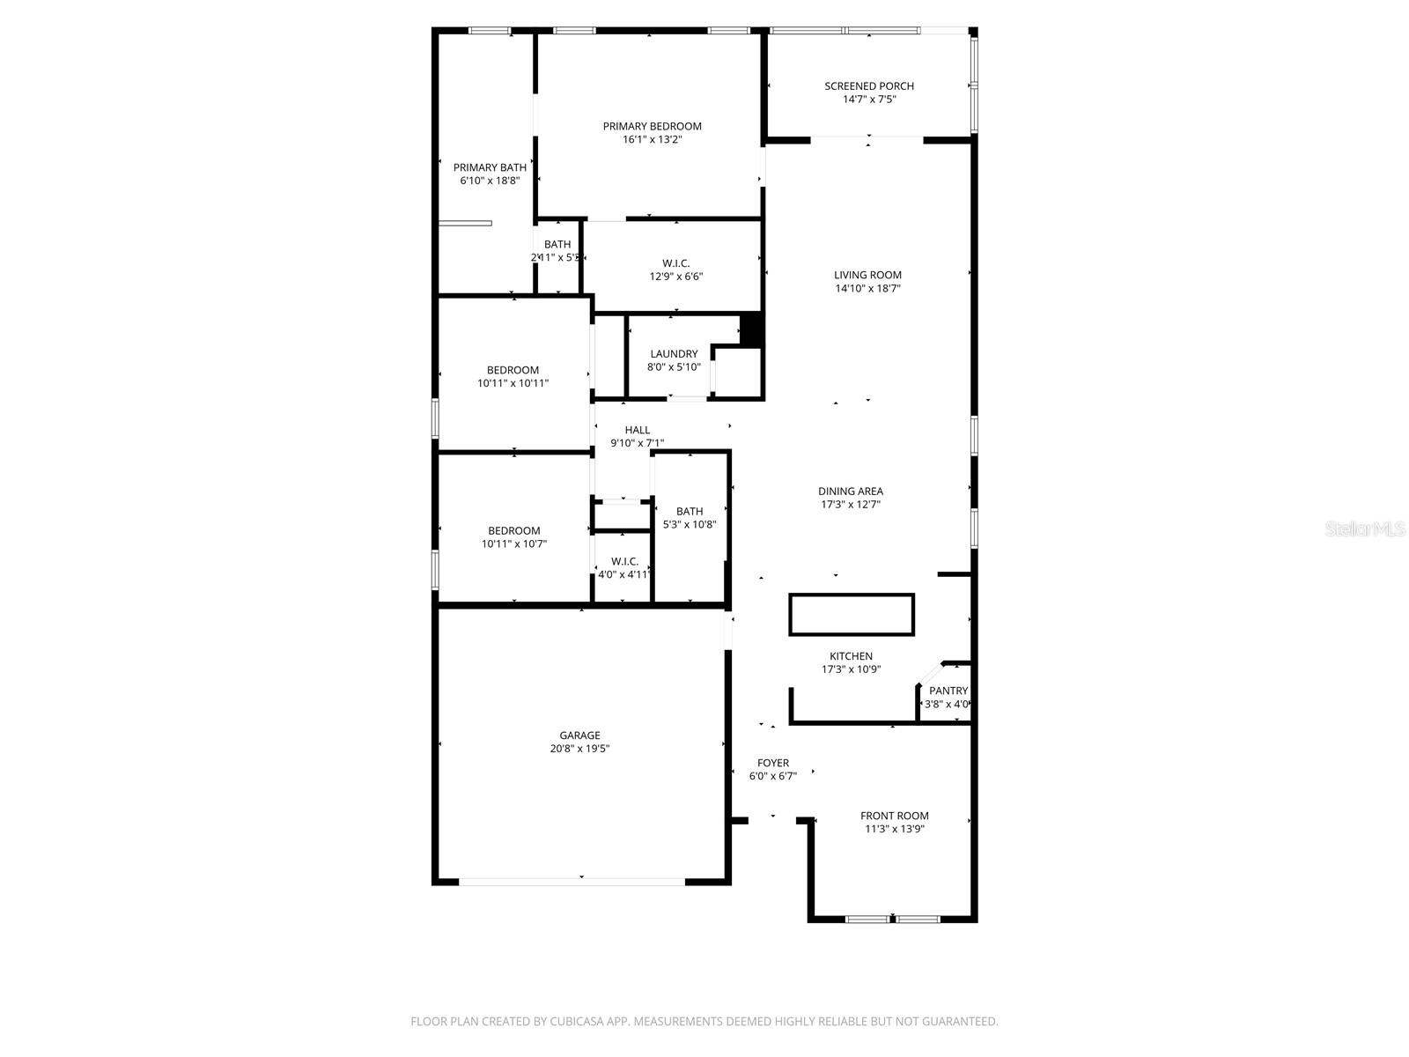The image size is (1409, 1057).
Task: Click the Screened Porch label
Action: pyautogui.click(x=868, y=85)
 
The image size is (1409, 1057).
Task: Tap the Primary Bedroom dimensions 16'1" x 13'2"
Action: pyautogui.click(x=652, y=139)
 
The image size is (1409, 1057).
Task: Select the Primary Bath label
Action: pyautogui.click(x=490, y=167)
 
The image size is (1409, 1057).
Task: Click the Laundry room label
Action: pyautogui.click(x=674, y=354)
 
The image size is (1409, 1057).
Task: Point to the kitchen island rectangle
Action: pyautogui.click(x=852, y=614)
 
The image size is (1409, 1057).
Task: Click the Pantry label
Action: pyautogui.click(x=948, y=691)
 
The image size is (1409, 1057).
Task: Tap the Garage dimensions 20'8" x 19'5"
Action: pyautogui.click(x=579, y=749)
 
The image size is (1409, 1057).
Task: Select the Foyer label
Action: pyautogui.click(x=773, y=763)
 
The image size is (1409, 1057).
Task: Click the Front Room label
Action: pyautogui.click(x=894, y=816)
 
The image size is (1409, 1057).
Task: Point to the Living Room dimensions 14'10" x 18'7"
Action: pyautogui.click(x=867, y=288)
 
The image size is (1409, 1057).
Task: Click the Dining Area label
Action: pyautogui.click(x=850, y=492)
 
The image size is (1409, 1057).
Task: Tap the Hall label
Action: pyautogui.click(x=637, y=430)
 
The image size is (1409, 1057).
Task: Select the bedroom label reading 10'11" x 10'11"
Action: pyautogui.click(x=513, y=370)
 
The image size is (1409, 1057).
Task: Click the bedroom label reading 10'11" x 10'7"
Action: pyautogui.click(x=513, y=530)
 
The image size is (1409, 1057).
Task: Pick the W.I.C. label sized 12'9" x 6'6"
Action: pyautogui.click(x=675, y=263)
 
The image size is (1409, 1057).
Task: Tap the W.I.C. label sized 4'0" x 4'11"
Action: pyautogui.click(x=624, y=561)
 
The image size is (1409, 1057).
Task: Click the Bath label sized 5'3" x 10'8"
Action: pyautogui.click(x=690, y=511)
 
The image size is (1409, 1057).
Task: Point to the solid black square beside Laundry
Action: pyautogui.click(x=750, y=329)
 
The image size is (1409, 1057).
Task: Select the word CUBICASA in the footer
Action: pyautogui.click(x=581, y=1022)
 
